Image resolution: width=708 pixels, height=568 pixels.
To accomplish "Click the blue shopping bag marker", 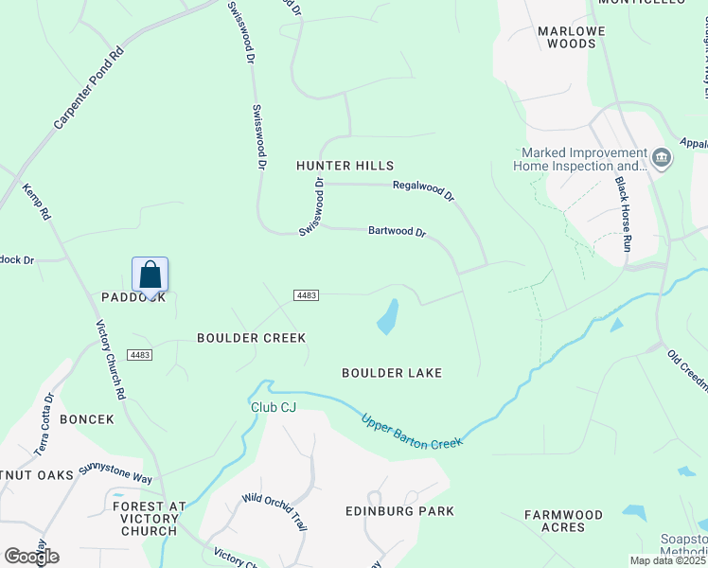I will pyautogui.click(x=150, y=275).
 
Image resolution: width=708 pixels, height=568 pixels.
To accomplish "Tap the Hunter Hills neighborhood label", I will pyautogui.click(x=345, y=166).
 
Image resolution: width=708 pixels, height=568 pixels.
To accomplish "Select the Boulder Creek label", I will pyautogui.click(x=251, y=338).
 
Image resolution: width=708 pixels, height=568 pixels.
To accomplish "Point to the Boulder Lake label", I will pyautogui.click(x=392, y=373).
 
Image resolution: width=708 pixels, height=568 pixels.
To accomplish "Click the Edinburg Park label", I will pyautogui.click(x=412, y=511).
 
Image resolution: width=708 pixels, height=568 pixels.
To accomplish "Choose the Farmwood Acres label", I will pyautogui.click(x=564, y=521).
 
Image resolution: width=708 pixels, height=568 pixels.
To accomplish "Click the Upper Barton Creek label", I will pyautogui.click(x=412, y=431).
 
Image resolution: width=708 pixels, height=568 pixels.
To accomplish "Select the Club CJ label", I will pyautogui.click(x=274, y=407).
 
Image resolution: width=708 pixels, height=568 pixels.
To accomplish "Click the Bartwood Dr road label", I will pyautogui.click(x=398, y=231).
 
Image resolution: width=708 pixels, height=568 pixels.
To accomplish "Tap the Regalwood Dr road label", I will pyautogui.click(x=423, y=190).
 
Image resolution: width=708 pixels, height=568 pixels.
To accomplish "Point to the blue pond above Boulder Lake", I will pyautogui.click(x=388, y=317).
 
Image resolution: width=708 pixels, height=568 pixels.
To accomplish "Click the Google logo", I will pyautogui.click(x=31, y=556).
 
